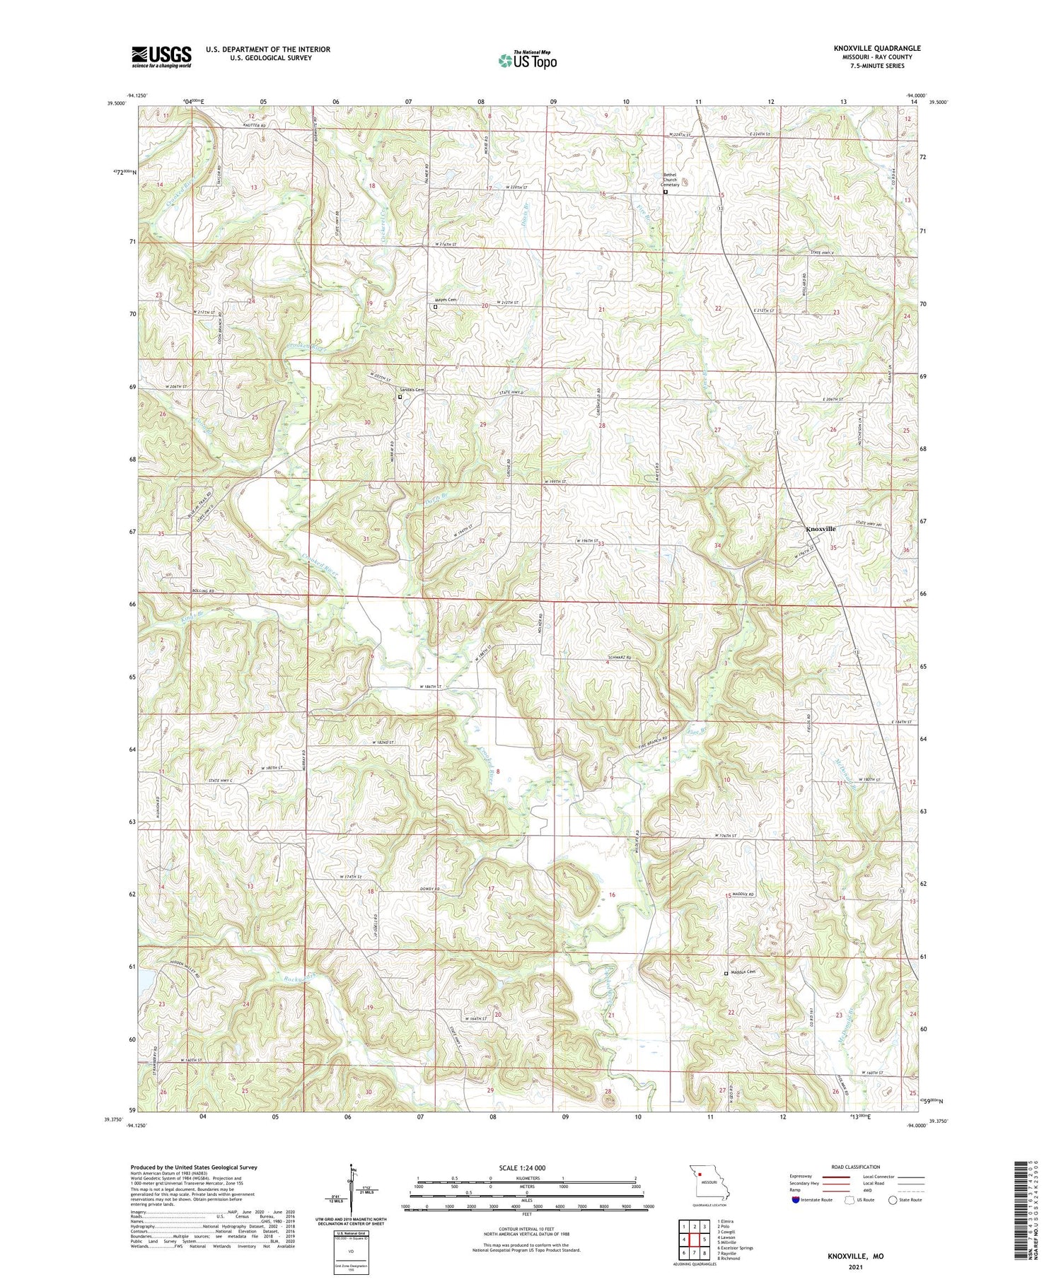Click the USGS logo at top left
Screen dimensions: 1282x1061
click(161, 57)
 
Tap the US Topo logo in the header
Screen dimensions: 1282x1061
click(527, 60)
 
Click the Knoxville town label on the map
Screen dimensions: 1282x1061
click(821, 529)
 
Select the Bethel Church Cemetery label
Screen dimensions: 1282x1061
click(670, 180)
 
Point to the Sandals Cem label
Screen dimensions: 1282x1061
click(412, 390)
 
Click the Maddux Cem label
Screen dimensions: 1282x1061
click(743, 972)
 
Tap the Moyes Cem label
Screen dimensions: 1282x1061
click(446, 300)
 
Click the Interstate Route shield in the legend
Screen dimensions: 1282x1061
click(796, 1200)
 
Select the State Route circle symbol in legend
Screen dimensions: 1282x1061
click(893, 1200)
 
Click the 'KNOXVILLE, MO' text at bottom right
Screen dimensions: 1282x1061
click(855, 1257)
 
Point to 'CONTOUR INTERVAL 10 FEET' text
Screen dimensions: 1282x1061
click(526, 1230)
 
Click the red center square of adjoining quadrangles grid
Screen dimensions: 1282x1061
click(695, 1240)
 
